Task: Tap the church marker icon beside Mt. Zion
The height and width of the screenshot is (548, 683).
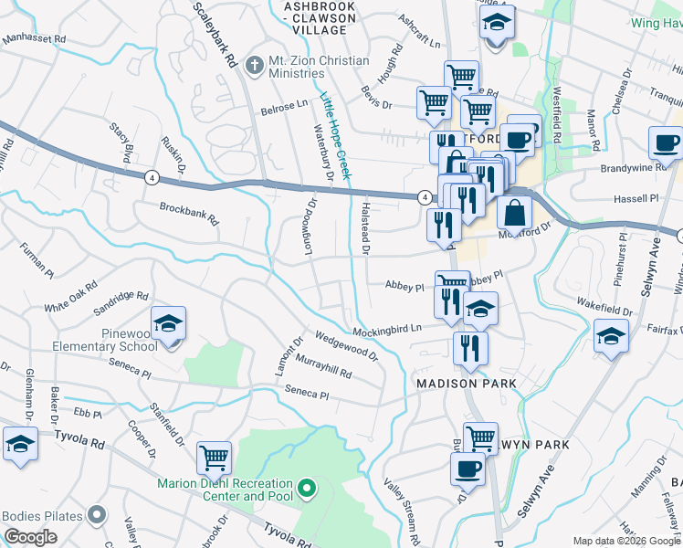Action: click(253, 61)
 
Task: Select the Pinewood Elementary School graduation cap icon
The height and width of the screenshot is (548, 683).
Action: click(169, 324)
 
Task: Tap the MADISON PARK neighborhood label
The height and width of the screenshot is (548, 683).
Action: click(467, 384)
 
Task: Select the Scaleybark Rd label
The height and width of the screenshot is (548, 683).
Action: click(216, 33)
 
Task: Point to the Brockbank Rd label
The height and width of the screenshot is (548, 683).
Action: click(190, 214)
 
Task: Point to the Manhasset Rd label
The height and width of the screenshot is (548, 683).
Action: click(34, 39)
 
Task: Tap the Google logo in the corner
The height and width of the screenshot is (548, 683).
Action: click(30, 537)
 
